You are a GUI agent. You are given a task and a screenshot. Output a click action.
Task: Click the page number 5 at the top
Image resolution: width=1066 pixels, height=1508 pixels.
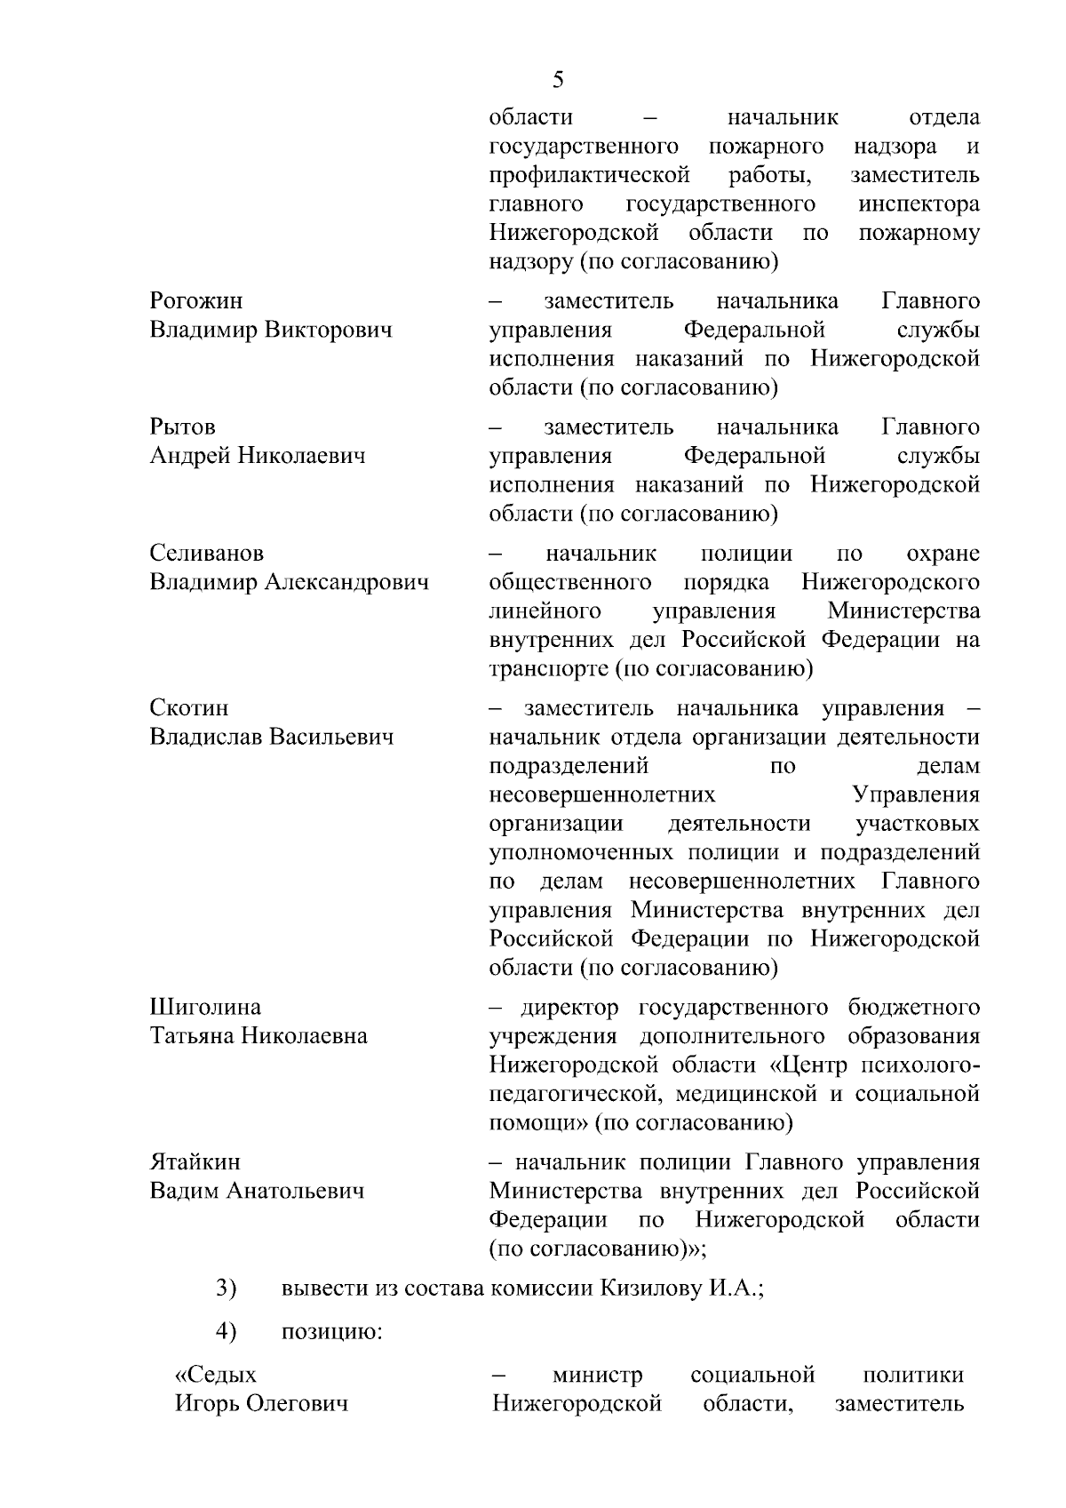558,80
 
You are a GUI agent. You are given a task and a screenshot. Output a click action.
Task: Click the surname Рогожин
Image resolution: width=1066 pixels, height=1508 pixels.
195,301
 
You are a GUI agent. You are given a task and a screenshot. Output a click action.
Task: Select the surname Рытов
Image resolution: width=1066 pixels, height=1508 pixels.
182,427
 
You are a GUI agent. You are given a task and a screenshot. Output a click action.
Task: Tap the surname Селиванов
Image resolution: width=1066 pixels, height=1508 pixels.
206,554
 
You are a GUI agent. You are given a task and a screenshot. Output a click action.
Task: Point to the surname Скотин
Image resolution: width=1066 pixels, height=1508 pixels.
188,708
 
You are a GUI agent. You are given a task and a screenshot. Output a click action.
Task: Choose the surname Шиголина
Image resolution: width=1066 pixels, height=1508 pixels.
205,1007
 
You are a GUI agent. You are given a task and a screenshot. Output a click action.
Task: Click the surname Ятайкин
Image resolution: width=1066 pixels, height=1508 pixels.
195,1162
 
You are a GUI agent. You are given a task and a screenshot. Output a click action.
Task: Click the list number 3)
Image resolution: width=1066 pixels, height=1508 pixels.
227,1289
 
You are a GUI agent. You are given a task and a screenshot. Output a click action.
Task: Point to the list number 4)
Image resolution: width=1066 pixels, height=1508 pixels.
227,1331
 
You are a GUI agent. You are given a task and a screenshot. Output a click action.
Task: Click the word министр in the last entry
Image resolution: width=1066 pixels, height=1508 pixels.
598,1376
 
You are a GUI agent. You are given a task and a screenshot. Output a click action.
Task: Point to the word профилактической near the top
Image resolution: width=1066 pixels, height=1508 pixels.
590,175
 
